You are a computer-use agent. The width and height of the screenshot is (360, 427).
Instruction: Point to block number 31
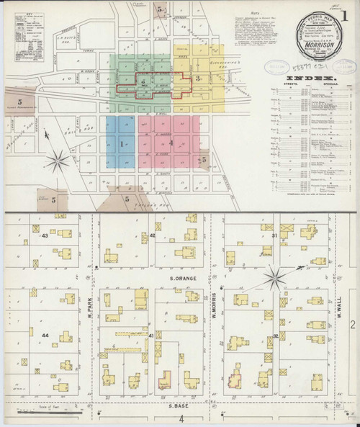tap(274, 235)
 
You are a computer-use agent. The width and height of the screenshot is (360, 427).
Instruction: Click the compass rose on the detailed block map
tap(275, 277)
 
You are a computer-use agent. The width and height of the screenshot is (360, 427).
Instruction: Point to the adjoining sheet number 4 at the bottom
tap(182, 418)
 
